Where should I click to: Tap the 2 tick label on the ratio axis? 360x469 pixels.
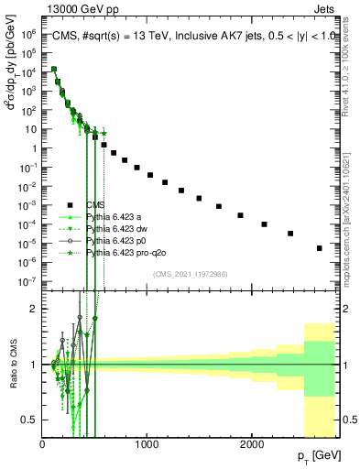pyautogui.click(x=34, y=309)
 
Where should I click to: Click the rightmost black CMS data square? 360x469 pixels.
pyautogui.click(x=319, y=247)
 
